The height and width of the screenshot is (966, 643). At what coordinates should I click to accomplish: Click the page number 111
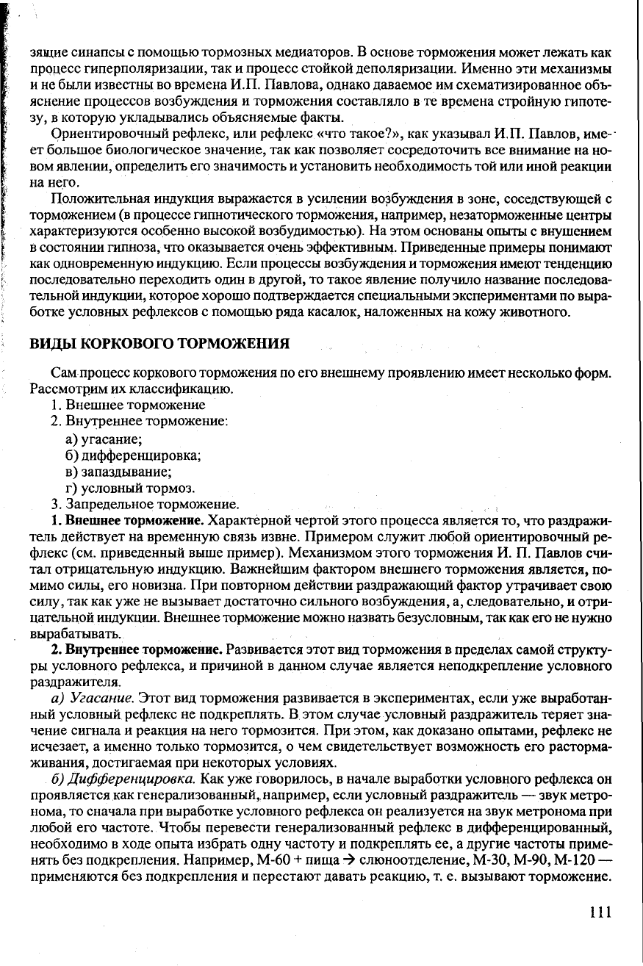click(x=600, y=912)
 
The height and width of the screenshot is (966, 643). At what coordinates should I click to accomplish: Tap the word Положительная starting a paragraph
click(x=111, y=200)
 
